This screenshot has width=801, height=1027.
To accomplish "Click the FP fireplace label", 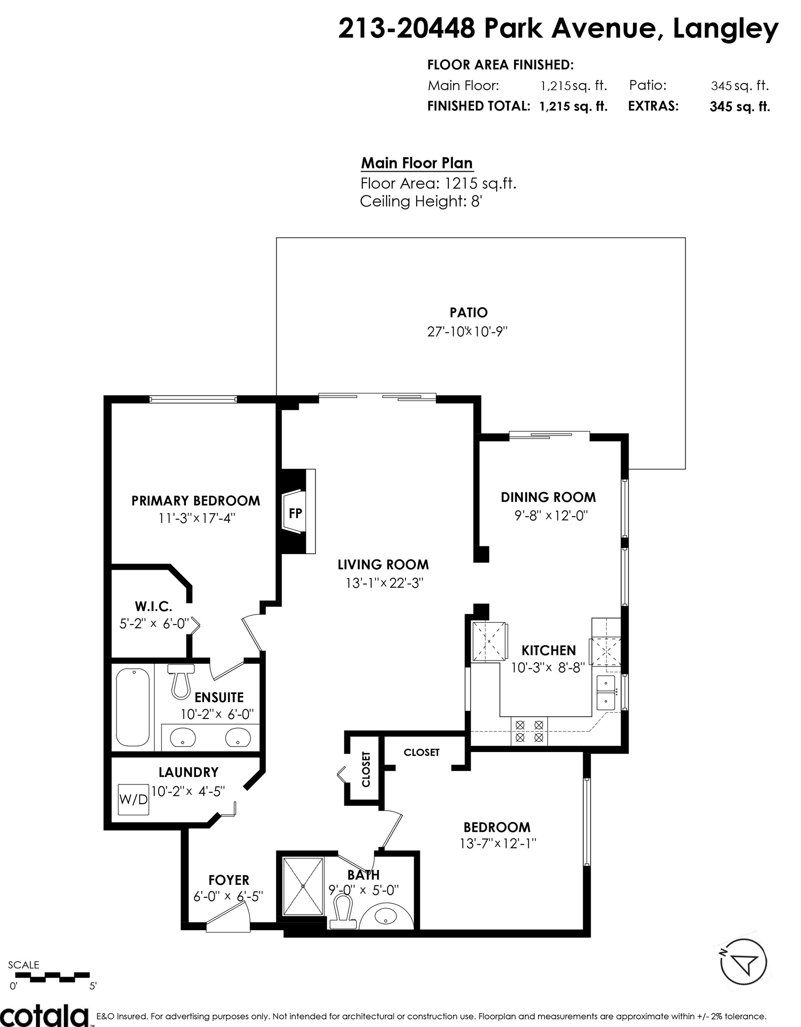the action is pyautogui.click(x=295, y=513).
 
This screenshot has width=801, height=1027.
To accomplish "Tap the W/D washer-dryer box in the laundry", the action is pyautogui.click(x=134, y=799).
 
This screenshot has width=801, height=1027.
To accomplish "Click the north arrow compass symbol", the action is pyautogui.click(x=744, y=962).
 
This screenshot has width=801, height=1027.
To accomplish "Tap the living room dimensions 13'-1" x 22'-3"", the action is pyautogui.click(x=384, y=583).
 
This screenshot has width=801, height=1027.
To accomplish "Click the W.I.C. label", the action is pyautogui.click(x=153, y=607).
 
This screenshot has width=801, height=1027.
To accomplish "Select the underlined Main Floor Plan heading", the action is pyautogui.click(x=417, y=163).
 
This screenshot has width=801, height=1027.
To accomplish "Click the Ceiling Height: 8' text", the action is pyautogui.click(x=421, y=201).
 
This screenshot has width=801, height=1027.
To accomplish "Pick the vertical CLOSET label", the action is pyautogui.click(x=366, y=769).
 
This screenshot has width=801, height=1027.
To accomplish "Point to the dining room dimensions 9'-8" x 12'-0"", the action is pyautogui.click(x=551, y=516).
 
